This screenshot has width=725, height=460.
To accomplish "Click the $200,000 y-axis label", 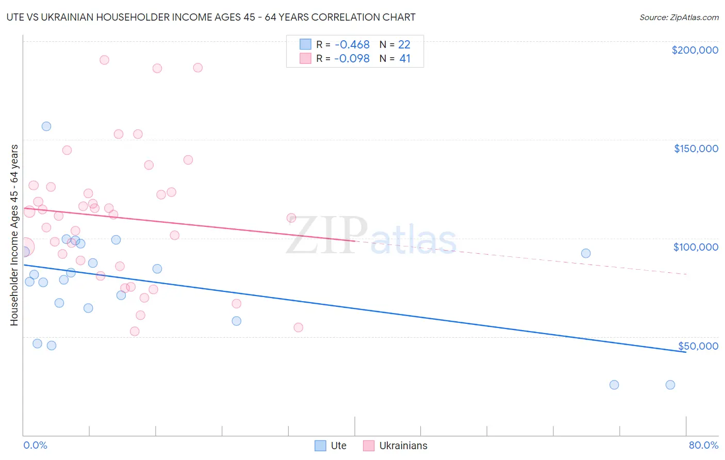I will tap(695, 50).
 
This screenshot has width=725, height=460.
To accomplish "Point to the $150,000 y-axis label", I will tap(696, 149).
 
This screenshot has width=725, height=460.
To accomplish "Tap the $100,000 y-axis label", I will tap(696, 247).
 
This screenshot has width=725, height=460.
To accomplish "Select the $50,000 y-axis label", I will tap(698, 346).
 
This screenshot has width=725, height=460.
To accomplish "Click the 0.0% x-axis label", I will tap(35, 445).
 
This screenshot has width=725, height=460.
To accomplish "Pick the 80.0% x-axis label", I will tap(703, 445).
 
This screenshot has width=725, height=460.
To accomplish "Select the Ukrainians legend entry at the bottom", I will tap(396, 446).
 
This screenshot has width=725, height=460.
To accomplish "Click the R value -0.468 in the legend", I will tap(352, 45).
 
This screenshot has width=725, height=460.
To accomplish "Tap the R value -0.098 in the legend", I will tap(352, 59).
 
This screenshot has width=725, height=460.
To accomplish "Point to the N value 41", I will tap(405, 59).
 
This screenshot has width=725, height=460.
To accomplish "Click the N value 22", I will tap(404, 45).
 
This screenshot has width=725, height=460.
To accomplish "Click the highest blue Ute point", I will tap(46, 126).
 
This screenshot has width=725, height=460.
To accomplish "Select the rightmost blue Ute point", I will tap(670, 385).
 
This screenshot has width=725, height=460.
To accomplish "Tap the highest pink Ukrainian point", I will tap(104, 60).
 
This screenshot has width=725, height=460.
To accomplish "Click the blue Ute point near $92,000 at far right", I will tap(586, 253).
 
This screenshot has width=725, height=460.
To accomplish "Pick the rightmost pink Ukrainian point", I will tap(298, 327).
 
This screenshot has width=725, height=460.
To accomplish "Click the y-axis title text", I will tap(14, 235).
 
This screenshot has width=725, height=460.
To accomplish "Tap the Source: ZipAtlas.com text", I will tap(679, 18).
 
